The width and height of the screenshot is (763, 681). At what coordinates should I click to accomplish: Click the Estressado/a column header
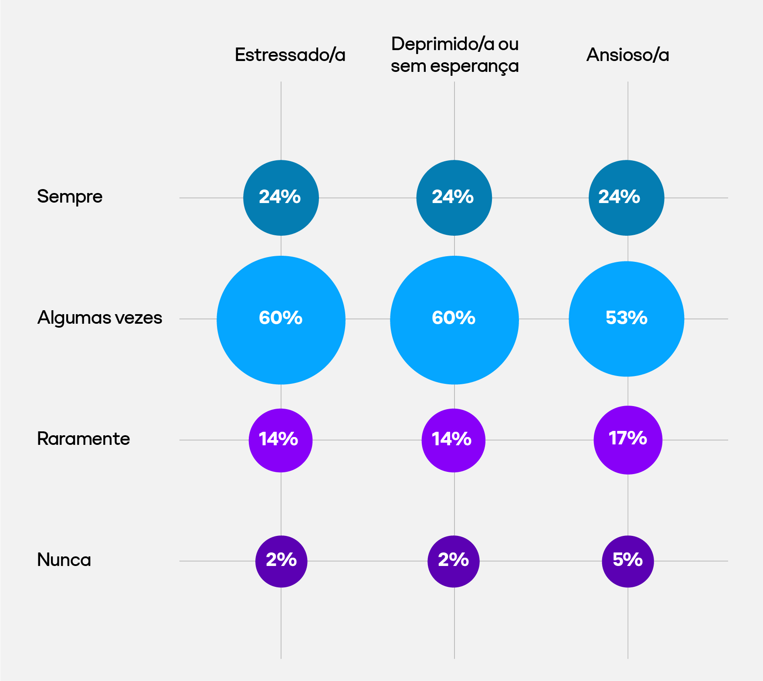pos(290,55)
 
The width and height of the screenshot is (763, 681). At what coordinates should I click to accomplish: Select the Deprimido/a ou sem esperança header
pos(454,54)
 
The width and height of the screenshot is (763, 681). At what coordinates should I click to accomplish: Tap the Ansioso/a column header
pos(627,55)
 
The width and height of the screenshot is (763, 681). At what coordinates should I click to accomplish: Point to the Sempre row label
pos(70,197)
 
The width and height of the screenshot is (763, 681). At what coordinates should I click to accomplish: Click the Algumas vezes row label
pos(100,318)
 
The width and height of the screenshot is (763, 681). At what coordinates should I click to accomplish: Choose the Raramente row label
pos(84,439)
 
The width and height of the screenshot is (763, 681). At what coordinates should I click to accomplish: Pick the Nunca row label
pos(64,560)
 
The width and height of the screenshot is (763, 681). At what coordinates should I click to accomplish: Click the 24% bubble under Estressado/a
pos(281,198)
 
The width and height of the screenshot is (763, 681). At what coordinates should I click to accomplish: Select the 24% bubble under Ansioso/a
pos(626,198)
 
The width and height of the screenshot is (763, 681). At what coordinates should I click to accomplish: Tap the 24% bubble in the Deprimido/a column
pos(454,198)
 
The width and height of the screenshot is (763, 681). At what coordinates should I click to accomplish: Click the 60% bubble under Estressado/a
pos(281,320)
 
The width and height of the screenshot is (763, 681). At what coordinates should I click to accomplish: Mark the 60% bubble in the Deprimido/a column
pos(454,320)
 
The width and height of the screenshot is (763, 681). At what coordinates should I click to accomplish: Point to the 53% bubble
pos(626,319)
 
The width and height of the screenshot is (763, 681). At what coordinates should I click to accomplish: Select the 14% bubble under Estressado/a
pos(281,440)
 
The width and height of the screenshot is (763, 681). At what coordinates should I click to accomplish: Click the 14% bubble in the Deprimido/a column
pos(453,440)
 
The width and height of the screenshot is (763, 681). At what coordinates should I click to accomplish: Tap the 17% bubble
pos(628,440)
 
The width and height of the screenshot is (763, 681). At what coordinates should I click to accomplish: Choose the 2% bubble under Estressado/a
pos(281,561)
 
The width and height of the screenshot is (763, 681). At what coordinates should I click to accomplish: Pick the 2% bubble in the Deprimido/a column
pos(454,561)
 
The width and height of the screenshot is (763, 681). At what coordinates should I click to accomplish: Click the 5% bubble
pos(628,561)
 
